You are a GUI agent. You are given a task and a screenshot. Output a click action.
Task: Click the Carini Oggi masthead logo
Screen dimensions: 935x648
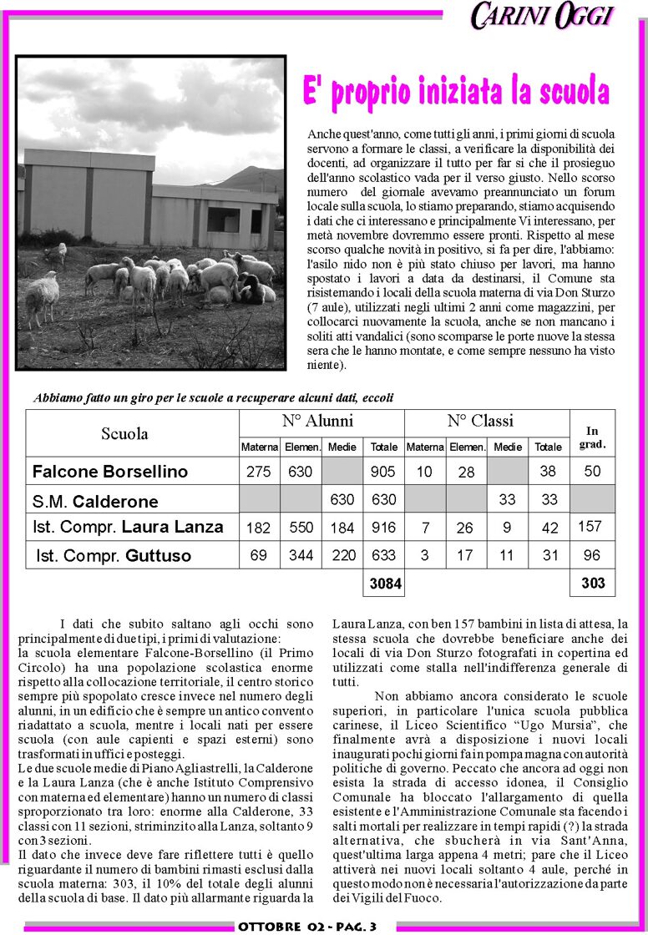tap(542, 16)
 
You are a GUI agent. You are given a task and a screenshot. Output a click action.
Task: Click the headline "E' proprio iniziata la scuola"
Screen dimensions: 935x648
tap(455, 91)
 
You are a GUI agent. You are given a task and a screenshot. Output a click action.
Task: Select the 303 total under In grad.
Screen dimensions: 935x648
tap(592, 583)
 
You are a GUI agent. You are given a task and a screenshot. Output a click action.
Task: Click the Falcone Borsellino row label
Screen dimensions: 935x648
tap(110, 472)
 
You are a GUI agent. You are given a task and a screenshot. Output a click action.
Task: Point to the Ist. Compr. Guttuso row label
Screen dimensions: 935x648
tap(114, 555)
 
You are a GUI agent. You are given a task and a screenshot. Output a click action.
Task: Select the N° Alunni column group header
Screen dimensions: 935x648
tap(317, 421)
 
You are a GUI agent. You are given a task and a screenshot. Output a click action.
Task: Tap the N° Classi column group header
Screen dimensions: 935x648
tap(481, 421)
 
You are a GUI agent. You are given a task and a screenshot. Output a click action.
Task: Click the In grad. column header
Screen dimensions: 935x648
tap(592, 437)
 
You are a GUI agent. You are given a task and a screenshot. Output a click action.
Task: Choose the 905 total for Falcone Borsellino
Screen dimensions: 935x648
tap(382, 472)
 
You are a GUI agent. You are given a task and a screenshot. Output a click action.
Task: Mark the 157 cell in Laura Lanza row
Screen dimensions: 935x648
tap(590, 526)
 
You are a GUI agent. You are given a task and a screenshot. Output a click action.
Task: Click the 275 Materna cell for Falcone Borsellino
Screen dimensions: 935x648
tap(259, 472)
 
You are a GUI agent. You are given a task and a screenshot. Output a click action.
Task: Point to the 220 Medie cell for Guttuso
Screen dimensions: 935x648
tap(342, 555)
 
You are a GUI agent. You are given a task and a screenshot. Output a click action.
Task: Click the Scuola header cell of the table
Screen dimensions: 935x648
tap(125, 433)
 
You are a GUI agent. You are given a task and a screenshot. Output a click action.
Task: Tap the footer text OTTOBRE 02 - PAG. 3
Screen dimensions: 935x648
tap(307, 927)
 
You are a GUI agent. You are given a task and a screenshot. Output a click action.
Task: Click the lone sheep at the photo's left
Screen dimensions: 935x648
tap(41, 297)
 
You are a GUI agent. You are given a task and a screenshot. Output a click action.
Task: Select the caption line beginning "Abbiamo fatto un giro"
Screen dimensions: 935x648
tap(213, 398)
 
